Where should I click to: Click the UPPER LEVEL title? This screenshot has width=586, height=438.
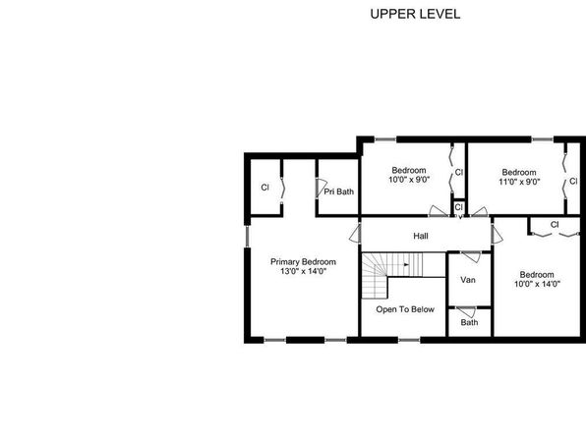(415, 14)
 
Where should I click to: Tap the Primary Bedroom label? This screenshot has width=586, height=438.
(303, 262)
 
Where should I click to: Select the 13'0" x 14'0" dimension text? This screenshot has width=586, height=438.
(304, 271)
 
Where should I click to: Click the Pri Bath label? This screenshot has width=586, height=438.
(338, 192)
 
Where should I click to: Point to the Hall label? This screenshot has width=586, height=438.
(421, 236)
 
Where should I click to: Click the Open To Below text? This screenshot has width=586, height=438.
(405, 309)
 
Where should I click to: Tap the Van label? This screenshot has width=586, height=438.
(468, 280)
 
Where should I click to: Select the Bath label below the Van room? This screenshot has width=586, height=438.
(469, 322)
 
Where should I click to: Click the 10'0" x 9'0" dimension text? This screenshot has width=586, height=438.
(409, 180)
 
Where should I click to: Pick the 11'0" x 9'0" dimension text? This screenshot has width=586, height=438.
(519, 182)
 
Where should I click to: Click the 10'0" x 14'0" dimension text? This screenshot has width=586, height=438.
(537, 284)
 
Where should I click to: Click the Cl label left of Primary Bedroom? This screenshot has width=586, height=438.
(264, 188)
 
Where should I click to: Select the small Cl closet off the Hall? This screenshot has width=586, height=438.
(458, 207)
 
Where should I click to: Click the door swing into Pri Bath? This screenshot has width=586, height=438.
(321, 188)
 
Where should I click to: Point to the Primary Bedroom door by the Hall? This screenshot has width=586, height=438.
(354, 234)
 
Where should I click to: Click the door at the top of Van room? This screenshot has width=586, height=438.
(471, 257)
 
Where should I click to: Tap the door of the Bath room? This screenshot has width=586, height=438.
(466, 311)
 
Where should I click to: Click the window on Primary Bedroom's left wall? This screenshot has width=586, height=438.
(247, 236)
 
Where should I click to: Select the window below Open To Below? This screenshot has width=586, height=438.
(409, 340)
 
